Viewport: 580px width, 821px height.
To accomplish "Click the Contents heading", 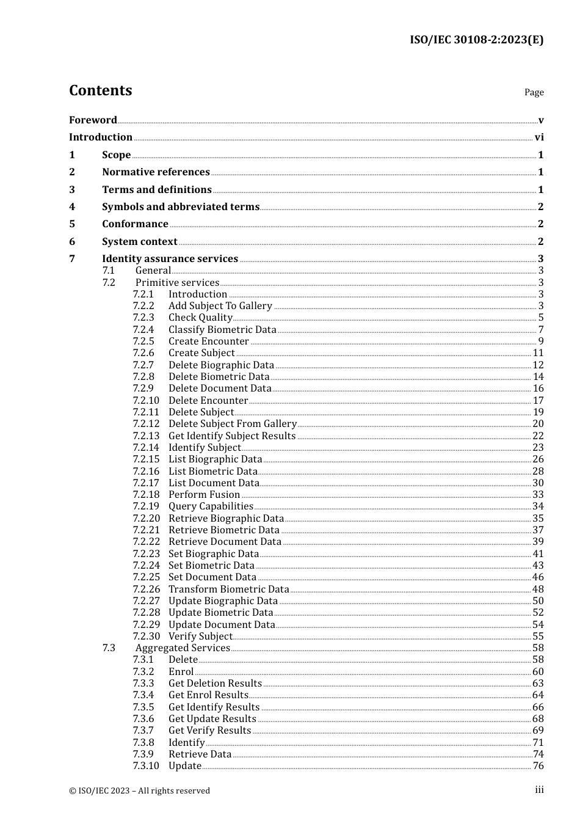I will pyautogui.click(x=100, y=90).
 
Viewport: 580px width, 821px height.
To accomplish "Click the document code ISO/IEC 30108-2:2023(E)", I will pyautogui.click(x=476, y=40).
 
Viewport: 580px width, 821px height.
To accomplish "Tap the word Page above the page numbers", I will pyautogui.click(x=534, y=92).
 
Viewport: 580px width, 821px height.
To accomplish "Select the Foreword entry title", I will pyautogui.click(x=93, y=120).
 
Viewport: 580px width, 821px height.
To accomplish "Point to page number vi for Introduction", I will pyautogui.click(x=539, y=137).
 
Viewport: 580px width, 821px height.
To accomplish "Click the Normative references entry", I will pyautogui.click(x=156, y=172).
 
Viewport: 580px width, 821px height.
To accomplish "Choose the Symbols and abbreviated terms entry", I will pyautogui.click(x=181, y=207).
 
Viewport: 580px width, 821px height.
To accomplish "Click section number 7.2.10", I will pyautogui.click(x=146, y=401).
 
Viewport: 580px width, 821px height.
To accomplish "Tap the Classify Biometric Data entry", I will pyautogui.click(x=222, y=330).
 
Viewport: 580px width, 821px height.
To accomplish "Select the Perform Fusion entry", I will pyautogui.click(x=204, y=495).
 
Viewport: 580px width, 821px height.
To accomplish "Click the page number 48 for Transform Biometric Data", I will pyautogui.click(x=538, y=589).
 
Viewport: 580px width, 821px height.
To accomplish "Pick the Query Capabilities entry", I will pyautogui.click(x=211, y=506).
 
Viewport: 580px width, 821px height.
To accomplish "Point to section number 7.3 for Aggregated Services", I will pyautogui.click(x=109, y=648).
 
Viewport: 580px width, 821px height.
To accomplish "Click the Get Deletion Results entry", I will pyautogui.click(x=215, y=684).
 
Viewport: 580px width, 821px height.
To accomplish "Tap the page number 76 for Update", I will pyautogui.click(x=538, y=766).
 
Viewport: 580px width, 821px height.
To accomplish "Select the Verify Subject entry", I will pyautogui.click(x=200, y=637).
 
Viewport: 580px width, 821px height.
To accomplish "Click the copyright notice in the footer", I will pyautogui.click(x=139, y=790).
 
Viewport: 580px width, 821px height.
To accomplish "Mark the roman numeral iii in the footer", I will pyautogui.click(x=539, y=790).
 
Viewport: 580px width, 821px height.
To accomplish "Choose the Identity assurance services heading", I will pyautogui.click(x=170, y=259).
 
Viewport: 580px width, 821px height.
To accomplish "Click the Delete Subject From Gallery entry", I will pyautogui.click(x=232, y=424).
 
